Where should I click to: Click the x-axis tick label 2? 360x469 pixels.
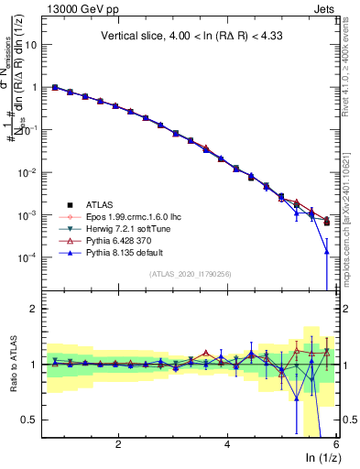click(x=118, y=444)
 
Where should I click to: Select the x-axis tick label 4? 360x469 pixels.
click(x=227, y=444)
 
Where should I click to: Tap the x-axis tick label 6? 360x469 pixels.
click(x=336, y=444)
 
